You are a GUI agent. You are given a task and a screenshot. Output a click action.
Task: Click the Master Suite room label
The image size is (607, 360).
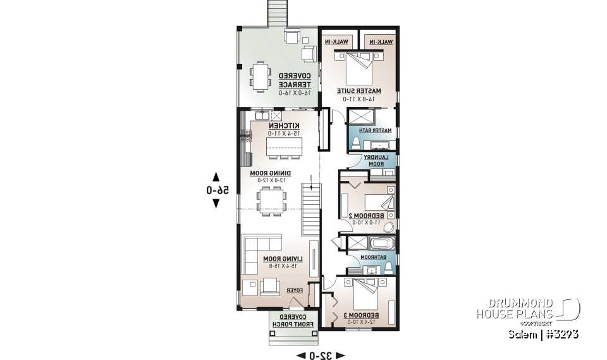359,90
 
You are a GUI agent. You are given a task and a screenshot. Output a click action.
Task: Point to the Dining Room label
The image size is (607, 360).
269,173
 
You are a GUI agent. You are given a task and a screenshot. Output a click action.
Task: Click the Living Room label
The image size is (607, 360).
283,259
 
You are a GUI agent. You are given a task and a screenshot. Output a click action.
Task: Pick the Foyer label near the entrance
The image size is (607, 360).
295,290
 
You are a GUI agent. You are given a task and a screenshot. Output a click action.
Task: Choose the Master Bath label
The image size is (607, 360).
377,130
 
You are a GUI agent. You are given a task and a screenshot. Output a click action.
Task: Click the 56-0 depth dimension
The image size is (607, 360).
216,190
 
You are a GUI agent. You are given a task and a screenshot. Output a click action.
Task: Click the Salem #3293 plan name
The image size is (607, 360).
543,334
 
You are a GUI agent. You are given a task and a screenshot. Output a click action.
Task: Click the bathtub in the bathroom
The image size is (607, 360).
382,243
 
